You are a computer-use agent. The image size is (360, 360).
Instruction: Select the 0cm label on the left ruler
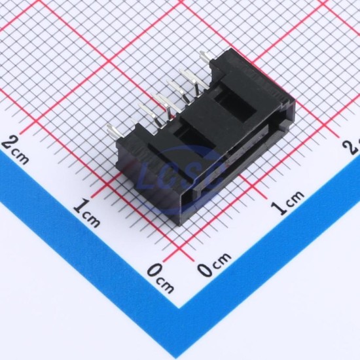tap(160, 278)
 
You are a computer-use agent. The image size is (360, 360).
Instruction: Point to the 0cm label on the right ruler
tap(214, 264)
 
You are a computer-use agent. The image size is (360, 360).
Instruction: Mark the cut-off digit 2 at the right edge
tap(354, 147)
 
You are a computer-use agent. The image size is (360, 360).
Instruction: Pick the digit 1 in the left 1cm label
tap(81, 207)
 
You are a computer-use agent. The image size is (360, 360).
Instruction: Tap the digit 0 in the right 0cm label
tap(205, 269)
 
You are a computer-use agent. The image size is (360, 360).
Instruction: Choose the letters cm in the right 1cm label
tap(296, 198)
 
